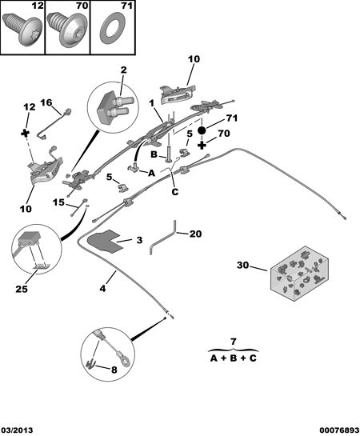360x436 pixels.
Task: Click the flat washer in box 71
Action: [x=112, y=30]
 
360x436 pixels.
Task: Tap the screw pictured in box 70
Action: [x=66, y=30]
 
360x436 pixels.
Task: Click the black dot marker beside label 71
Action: [x=202, y=130]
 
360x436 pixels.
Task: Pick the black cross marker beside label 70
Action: [x=202, y=145]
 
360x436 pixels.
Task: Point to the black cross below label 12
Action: [x=26, y=133]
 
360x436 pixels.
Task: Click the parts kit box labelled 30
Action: [x=299, y=273]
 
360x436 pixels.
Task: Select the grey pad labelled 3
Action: [x=103, y=241]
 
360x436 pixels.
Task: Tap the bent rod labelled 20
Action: [x=162, y=237]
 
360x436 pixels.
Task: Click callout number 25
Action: [x=22, y=289]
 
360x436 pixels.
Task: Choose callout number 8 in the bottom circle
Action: [x=114, y=370]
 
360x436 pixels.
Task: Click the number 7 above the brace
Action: [x=233, y=341]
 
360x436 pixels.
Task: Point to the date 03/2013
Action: [x=17, y=430]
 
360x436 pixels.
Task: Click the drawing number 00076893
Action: [x=339, y=430]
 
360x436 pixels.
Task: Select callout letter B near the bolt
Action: [x=154, y=154]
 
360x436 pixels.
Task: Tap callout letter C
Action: [x=175, y=191]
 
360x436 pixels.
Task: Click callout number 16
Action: [x=46, y=102]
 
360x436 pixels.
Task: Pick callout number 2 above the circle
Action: [x=123, y=70]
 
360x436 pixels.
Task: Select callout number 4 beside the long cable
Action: [x=103, y=288]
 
